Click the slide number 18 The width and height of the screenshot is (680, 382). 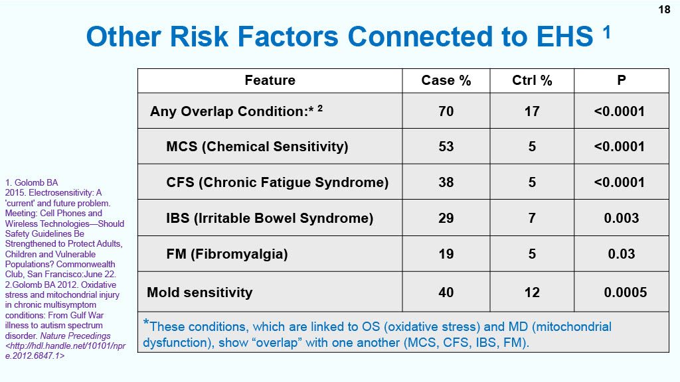coord(664,9)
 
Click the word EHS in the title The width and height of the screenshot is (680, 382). coord(564,36)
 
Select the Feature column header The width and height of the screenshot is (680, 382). coord(270,80)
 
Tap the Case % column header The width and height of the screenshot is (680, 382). coord(446,80)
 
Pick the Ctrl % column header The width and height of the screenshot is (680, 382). coord(532,80)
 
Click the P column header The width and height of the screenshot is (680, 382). coord(621,80)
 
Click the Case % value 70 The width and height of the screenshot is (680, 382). coord(446,111)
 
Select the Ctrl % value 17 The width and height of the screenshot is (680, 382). coord(532,111)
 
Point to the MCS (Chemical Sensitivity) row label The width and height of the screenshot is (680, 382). coord(257,147)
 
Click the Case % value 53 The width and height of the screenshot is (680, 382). coord(446,147)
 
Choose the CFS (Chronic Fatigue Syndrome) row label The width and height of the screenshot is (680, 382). coord(277,182)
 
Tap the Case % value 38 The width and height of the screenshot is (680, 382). coord(446,182)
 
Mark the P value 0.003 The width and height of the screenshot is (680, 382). coord(621,218)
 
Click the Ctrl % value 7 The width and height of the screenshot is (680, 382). coord(532,218)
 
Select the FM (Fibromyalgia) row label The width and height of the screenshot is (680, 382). coord(227,254)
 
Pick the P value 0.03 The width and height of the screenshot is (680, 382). coord(621,254)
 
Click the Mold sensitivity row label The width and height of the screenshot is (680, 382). coord(199,292)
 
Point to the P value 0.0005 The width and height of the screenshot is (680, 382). coord(625,292)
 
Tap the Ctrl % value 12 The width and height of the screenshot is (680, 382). coord(532,292)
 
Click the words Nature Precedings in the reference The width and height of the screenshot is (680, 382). coord(76,336)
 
